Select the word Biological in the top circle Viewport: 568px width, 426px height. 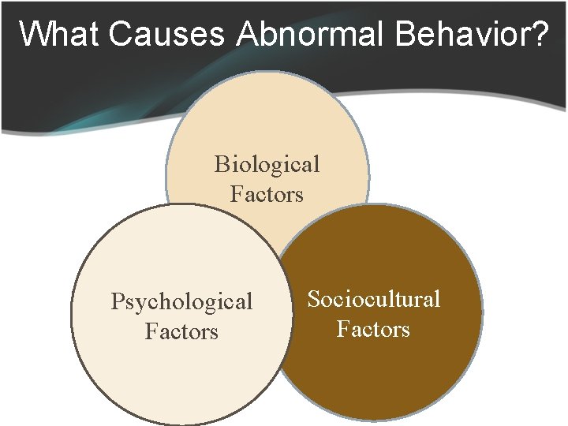coord(267,164)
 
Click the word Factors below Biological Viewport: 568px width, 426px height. coord(267,194)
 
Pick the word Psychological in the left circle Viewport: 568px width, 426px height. coord(181,301)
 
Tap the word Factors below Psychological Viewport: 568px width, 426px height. coord(181,331)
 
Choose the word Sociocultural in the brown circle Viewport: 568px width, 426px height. coord(373,299)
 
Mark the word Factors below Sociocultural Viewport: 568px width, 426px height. coord(373,328)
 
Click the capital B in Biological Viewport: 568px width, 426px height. coord(222,164)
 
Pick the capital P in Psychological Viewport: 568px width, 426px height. coord(118,301)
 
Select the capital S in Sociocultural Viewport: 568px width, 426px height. coord(313,299)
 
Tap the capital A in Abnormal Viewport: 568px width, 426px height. coord(248,34)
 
